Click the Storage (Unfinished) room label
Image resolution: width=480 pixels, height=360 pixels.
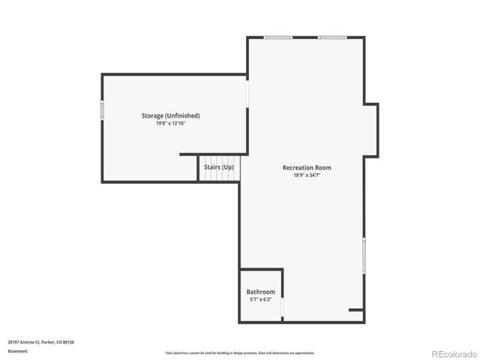(x=170, y=115)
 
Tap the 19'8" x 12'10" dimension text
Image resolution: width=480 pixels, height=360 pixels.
(x=170, y=123)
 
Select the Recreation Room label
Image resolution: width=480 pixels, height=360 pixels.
(x=307, y=167)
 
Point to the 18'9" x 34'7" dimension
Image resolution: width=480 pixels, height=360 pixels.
(x=307, y=175)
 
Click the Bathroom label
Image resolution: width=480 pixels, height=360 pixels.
(x=260, y=292)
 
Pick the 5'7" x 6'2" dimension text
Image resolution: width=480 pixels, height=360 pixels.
(x=260, y=299)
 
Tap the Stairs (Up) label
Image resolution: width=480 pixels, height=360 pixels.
(x=219, y=167)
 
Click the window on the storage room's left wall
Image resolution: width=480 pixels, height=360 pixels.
(x=102, y=110)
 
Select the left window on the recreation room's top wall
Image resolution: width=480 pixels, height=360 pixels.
(x=278, y=37)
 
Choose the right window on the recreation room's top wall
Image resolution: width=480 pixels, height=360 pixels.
(x=331, y=37)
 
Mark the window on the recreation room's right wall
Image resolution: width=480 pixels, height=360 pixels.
(x=364, y=256)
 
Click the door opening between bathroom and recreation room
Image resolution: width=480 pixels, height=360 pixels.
(x=283, y=307)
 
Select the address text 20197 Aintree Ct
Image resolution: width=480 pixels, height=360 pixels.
(x=40, y=342)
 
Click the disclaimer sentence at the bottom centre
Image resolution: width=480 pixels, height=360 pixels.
(x=240, y=352)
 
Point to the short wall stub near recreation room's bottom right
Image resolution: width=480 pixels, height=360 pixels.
(x=356, y=309)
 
